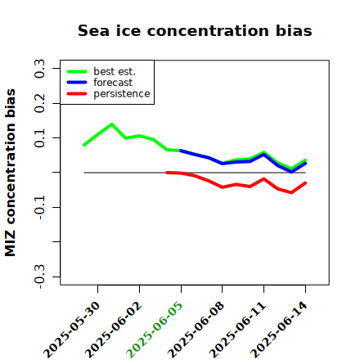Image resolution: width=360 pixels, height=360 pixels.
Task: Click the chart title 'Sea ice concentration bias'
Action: point(195,30)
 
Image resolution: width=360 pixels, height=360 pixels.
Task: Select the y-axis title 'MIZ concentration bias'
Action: point(11,173)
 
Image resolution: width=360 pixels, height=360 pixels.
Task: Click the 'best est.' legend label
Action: point(115,71)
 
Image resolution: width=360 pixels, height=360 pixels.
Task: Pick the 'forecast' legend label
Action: point(113,83)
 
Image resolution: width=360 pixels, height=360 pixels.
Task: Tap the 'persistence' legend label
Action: point(122,94)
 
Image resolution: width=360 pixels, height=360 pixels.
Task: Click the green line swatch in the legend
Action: point(77,71)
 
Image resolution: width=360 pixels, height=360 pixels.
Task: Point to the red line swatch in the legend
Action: point(77,94)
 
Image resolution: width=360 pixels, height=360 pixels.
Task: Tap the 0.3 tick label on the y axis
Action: point(40,69)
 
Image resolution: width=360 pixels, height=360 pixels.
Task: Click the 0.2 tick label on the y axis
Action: point(40,103)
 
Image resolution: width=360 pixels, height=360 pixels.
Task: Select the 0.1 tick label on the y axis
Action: point(40,138)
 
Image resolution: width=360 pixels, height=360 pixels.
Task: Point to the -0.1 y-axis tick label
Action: point(40,208)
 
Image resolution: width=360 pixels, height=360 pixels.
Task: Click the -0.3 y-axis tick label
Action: point(40,277)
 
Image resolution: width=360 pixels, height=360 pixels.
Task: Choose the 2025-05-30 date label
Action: point(72,330)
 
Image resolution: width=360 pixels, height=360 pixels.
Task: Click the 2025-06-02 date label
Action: point(114,330)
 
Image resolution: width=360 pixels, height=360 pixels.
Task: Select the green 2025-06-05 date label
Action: point(155,330)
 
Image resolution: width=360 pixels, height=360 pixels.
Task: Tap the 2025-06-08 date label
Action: point(196,330)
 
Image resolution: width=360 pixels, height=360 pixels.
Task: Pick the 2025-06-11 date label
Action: point(237,330)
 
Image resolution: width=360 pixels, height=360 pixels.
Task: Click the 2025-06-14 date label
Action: point(279,330)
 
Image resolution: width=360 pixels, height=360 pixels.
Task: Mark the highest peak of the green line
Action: point(112,124)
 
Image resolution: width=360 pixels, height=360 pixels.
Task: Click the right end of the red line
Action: point(305,183)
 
